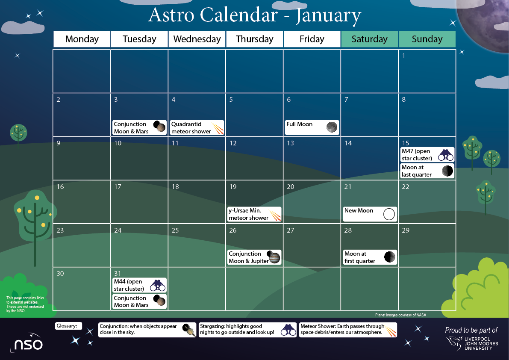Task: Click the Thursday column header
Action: (254, 39)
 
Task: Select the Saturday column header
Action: (369, 39)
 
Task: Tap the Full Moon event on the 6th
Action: (312, 127)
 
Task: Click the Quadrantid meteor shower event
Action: (197, 127)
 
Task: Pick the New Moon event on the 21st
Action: (370, 214)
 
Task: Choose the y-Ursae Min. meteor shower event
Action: (254, 214)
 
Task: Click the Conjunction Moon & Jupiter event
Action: (254, 257)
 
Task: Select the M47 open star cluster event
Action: (427, 155)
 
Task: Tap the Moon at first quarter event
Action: (370, 257)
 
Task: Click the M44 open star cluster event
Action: (139, 285)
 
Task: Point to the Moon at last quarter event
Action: (427, 171)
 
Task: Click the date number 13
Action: (291, 143)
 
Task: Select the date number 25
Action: (175, 230)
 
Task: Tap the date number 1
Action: (404, 56)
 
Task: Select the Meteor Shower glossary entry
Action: (348, 329)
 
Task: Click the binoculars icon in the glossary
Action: (288, 330)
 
